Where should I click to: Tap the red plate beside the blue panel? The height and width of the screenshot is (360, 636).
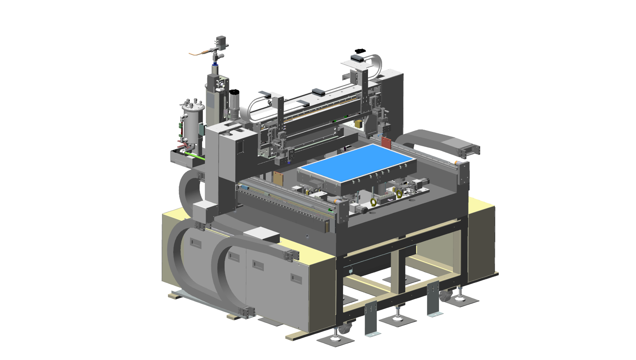[x=386, y=142]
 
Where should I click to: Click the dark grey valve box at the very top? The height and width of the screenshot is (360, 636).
[x=222, y=41]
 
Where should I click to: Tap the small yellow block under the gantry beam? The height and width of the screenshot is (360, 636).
[x=358, y=124]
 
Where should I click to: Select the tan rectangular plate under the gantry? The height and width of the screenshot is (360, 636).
[x=278, y=179]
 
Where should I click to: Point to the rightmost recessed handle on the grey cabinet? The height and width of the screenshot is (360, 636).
[x=296, y=278]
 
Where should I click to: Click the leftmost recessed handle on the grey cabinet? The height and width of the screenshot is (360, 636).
[x=196, y=243]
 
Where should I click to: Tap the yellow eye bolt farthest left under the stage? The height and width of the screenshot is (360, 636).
[x=373, y=202]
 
